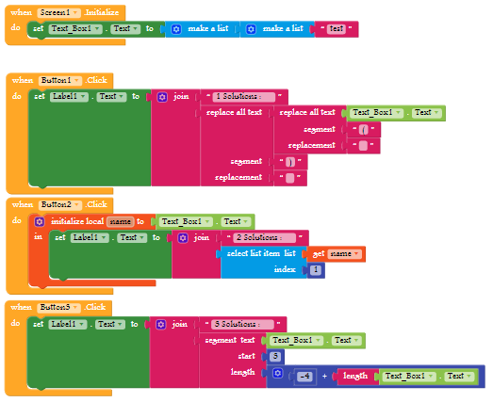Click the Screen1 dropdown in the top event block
click(x=58, y=12)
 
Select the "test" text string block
click(x=337, y=29)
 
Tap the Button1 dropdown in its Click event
click(x=60, y=80)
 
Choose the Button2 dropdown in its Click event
click(x=60, y=205)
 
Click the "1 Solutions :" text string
click(x=243, y=96)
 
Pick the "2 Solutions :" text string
click(x=265, y=238)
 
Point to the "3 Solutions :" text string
click(x=242, y=324)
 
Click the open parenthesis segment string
click(x=364, y=129)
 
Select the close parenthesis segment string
click(x=290, y=162)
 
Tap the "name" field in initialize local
click(x=121, y=222)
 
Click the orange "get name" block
click(x=336, y=254)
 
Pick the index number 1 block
click(x=316, y=270)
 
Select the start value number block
click(x=275, y=356)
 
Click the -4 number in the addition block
click(x=304, y=377)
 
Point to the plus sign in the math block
click(x=324, y=376)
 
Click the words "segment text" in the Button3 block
click(x=230, y=340)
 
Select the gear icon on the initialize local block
click(x=40, y=222)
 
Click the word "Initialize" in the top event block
click(x=102, y=12)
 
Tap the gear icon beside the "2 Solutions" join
click(x=183, y=238)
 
